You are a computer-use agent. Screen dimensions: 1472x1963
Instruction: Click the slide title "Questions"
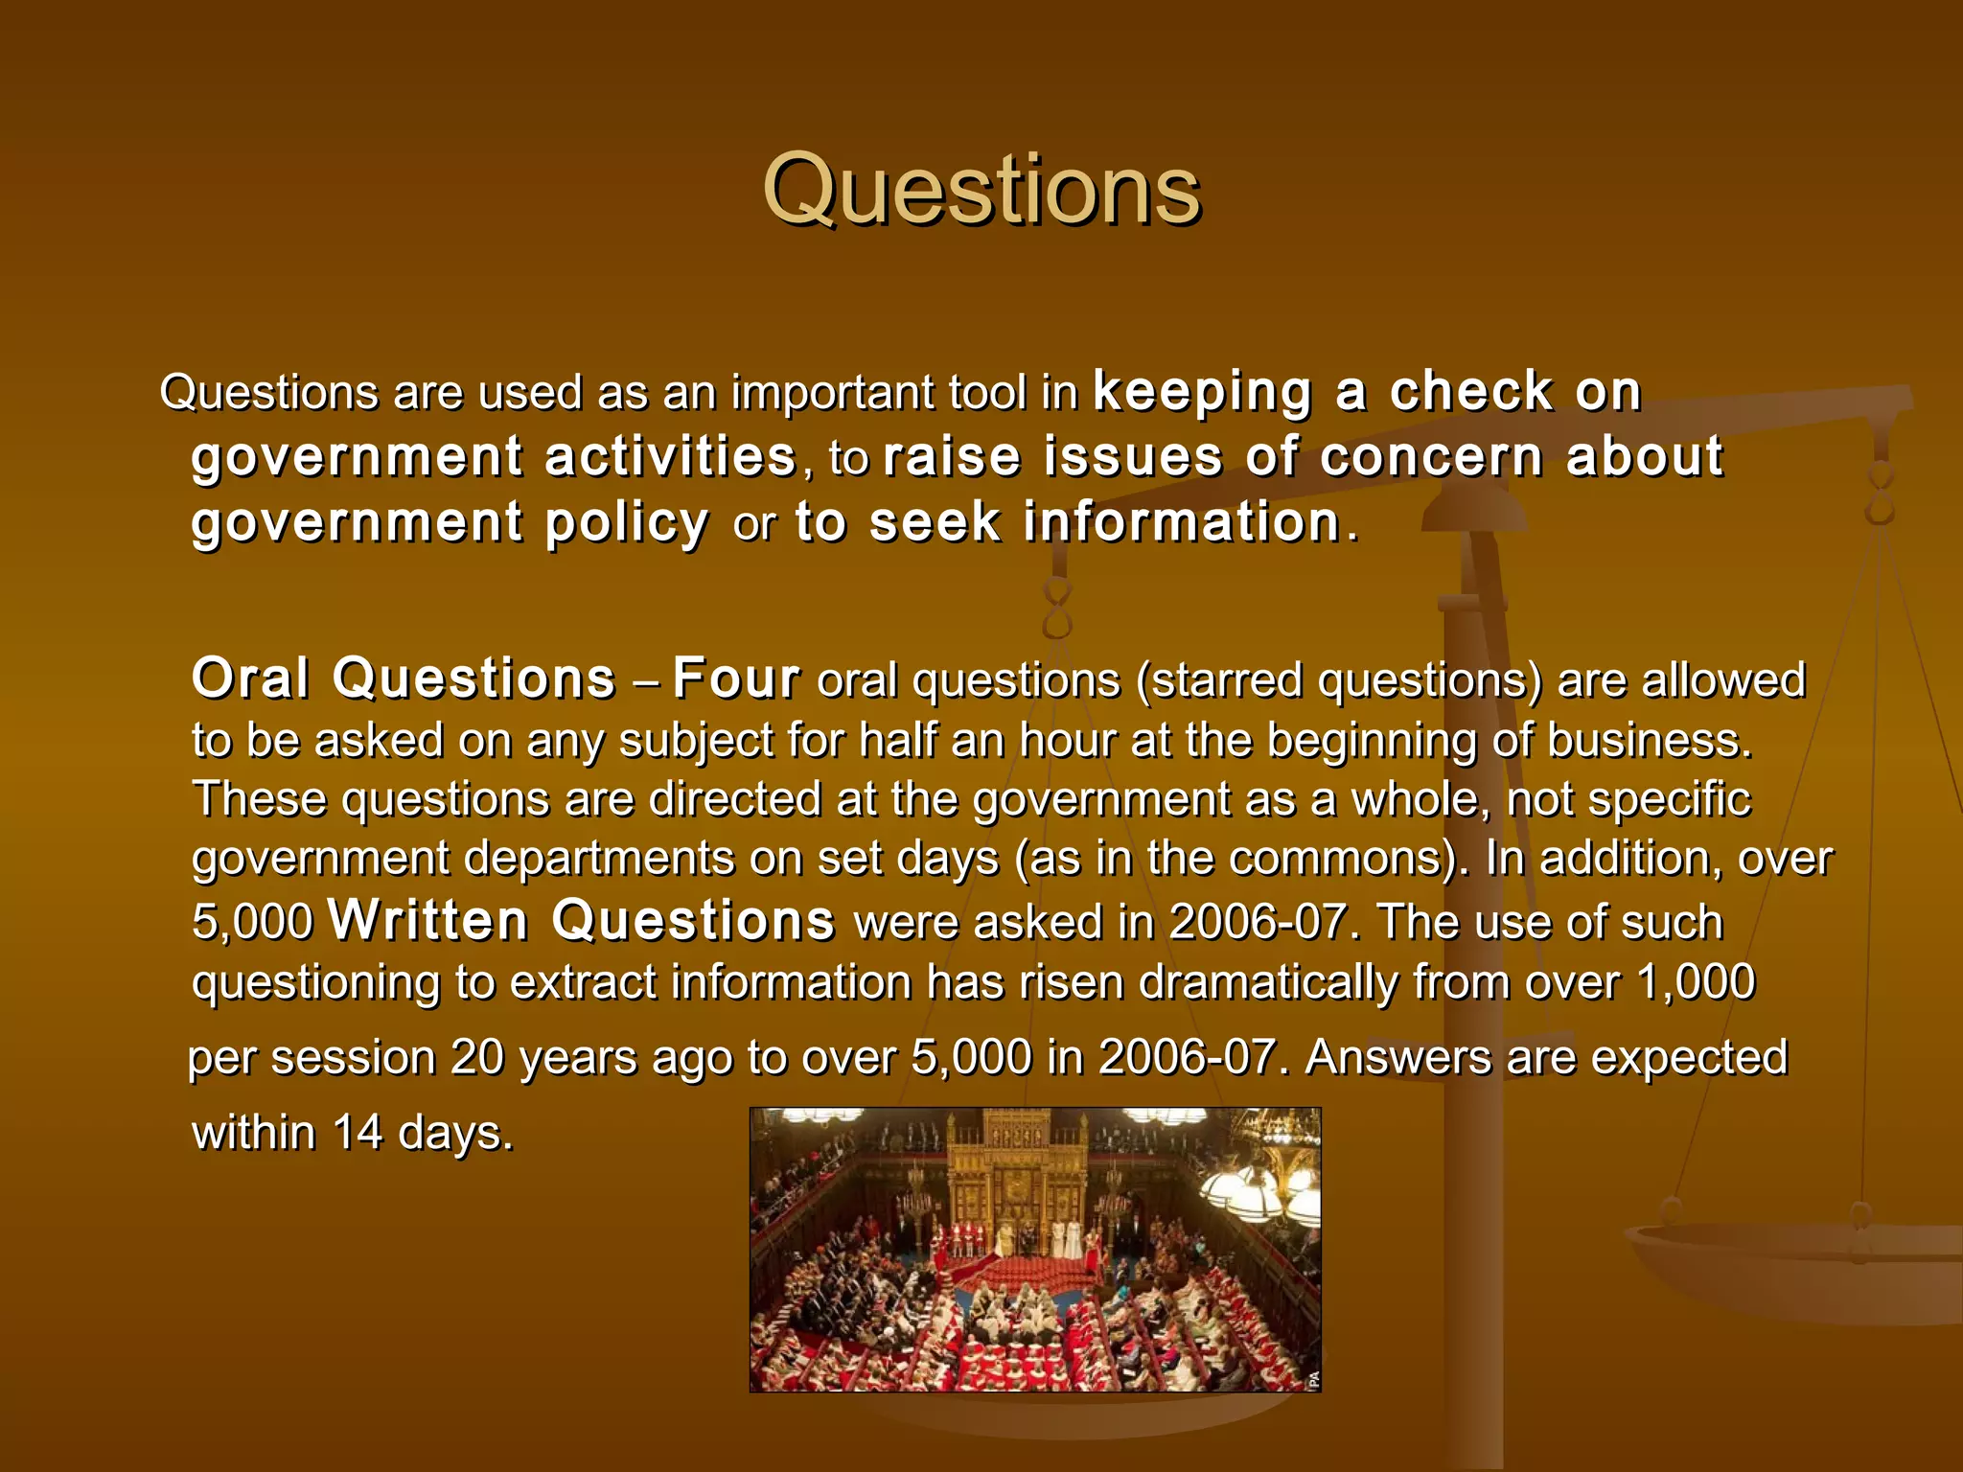point(981,191)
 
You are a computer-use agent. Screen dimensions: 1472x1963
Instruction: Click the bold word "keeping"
point(1202,393)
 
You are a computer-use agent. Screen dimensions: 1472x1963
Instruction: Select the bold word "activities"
point(670,456)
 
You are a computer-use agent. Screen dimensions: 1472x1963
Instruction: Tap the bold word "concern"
point(1431,456)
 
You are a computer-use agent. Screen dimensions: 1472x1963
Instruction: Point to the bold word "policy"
point(627,523)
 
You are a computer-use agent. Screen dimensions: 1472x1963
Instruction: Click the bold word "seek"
point(935,522)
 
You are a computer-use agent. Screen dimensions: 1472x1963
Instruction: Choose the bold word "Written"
point(427,921)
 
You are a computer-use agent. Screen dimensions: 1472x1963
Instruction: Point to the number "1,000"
point(1696,982)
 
